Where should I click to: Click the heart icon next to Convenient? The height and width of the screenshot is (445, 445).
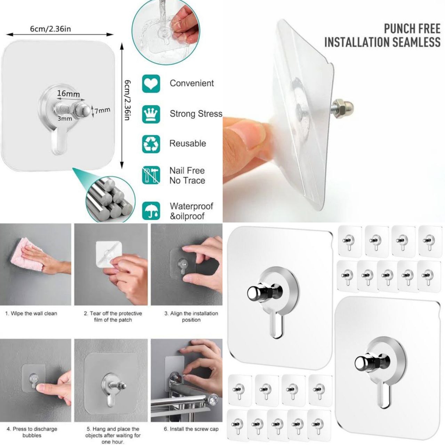click(x=151, y=83)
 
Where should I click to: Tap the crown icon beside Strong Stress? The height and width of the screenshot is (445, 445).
click(x=151, y=114)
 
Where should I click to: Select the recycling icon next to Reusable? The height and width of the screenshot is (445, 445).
click(x=151, y=144)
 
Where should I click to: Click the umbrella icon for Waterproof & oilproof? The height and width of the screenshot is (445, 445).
click(x=151, y=211)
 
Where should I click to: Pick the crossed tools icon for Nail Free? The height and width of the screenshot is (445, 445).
click(x=151, y=175)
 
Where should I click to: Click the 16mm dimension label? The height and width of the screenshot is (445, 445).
click(x=68, y=94)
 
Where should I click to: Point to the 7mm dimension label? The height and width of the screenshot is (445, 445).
click(x=102, y=110)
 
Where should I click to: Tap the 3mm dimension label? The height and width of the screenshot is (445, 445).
click(x=65, y=119)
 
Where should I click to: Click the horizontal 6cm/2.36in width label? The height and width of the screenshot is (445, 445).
click(x=50, y=29)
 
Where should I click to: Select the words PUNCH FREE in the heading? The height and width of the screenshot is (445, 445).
click(x=412, y=29)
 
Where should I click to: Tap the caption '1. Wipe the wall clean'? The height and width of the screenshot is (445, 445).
click(x=31, y=313)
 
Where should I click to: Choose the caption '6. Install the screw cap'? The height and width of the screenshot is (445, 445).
click(x=191, y=429)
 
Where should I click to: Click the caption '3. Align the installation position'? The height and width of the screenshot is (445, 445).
click(x=191, y=317)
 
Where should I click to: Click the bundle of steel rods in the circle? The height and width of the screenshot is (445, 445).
click(x=110, y=199)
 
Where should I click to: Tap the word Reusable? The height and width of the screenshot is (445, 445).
click(x=187, y=143)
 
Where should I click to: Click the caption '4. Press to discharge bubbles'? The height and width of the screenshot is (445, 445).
click(x=32, y=432)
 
